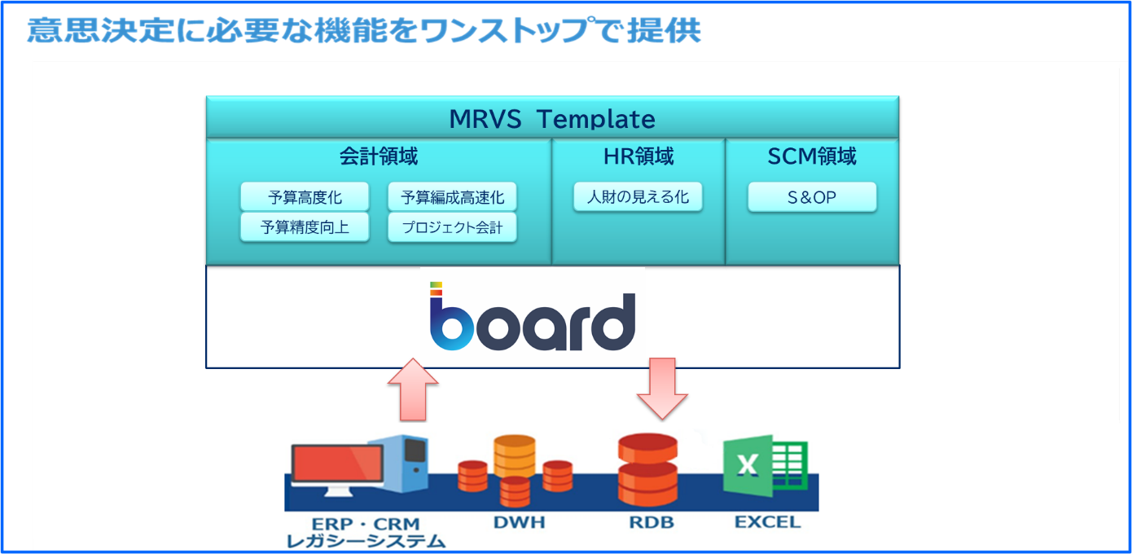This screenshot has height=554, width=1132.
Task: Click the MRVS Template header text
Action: [552, 119]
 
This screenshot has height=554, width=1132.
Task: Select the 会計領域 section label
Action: [379, 156]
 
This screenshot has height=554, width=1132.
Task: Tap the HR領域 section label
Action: [638, 156]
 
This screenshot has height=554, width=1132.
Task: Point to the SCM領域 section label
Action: [812, 156]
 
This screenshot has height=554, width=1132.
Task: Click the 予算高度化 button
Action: [305, 196]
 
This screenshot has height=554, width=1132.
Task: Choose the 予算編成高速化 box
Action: [452, 196]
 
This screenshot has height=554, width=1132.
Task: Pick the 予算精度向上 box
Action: [305, 227]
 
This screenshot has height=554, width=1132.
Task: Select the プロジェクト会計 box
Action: [452, 227]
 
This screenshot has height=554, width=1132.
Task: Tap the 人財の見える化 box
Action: [638, 196]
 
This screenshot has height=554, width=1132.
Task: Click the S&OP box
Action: [812, 196]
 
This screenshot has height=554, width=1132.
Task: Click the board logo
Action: [532, 316]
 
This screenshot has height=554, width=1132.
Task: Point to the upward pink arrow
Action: [413, 389]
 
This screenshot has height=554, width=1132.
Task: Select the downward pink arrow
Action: [662, 388]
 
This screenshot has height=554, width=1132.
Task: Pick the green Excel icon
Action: [765, 465]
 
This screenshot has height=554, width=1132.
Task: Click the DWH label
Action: [520, 522]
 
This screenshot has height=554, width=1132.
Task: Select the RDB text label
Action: [652, 522]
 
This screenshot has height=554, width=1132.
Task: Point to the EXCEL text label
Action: [768, 522]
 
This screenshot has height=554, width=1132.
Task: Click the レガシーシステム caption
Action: [366, 542]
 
